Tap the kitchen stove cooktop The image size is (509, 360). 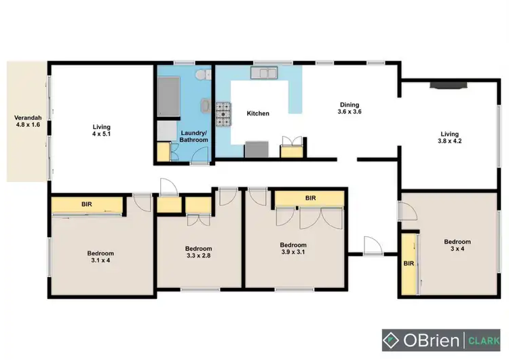coord(223,114)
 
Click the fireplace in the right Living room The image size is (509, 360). coord(445,86)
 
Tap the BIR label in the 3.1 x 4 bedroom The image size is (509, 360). coord(87,203)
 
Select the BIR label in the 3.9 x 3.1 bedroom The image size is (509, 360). coord(310,198)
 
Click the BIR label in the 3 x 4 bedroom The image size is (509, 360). coord(409,264)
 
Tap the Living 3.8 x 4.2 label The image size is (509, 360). coord(449,138)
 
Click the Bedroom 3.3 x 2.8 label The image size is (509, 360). coord(200,252)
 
